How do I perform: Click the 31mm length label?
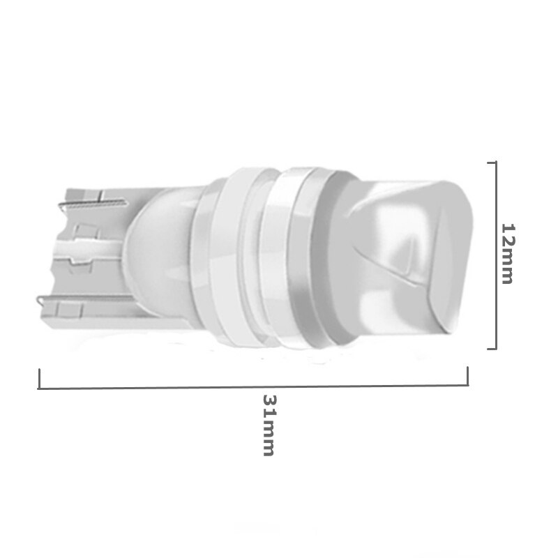(x=269, y=425)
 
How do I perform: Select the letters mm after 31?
(x=269, y=437)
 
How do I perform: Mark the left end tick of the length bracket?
(x=39, y=379)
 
